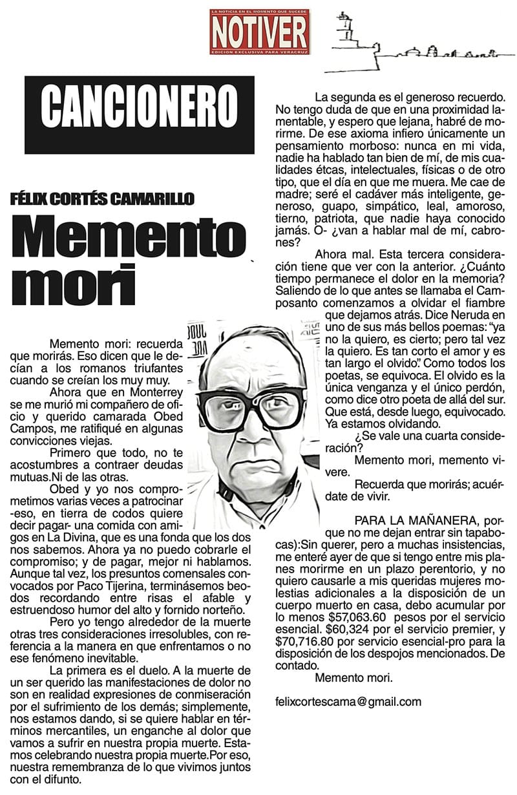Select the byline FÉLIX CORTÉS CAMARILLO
102,198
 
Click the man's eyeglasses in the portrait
258,408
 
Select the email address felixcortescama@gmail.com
348,701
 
